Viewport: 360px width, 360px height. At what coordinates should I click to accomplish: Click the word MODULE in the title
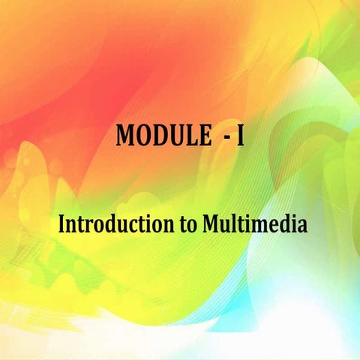click(160, 135)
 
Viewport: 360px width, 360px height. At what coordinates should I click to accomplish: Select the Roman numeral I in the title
click(240, 135)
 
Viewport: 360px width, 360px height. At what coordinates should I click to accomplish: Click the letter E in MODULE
click(205, 135)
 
